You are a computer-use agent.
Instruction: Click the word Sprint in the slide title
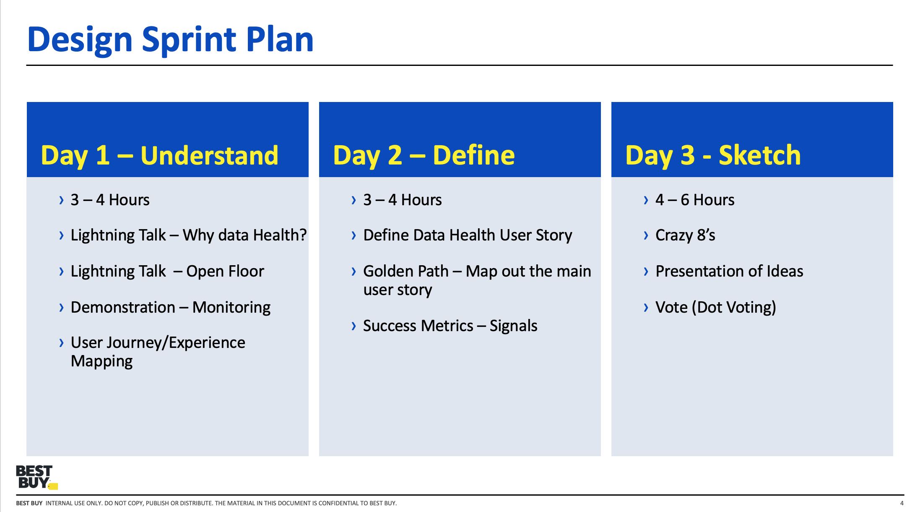[x=189, y=40]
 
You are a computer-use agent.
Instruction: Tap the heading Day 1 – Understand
[x=159, y=155]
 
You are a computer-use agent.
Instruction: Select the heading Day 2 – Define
[x=424, y=155]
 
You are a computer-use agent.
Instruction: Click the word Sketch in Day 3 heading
[x=759, y=155]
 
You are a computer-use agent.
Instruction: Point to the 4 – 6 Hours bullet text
[x=694, y=200]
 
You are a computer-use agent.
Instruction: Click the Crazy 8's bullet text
[x=685, y=235]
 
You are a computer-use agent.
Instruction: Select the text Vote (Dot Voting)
[x=715, y=307]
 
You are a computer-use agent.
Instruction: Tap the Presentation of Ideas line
[x=729, y=271]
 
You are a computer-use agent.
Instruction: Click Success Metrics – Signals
[x=450, y=326]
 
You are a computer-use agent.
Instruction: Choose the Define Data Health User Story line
[x=467, y=235]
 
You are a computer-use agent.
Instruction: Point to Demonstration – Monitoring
[x=170, y=307]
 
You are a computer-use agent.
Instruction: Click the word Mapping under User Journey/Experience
[x=101, y=361]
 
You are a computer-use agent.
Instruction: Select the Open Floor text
[x=225, y=271]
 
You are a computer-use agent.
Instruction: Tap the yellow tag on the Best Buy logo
[x=53, y=486]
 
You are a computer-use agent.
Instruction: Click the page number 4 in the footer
[x=902, y=503]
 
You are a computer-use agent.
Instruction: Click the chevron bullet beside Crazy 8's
[x=646, y=235]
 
